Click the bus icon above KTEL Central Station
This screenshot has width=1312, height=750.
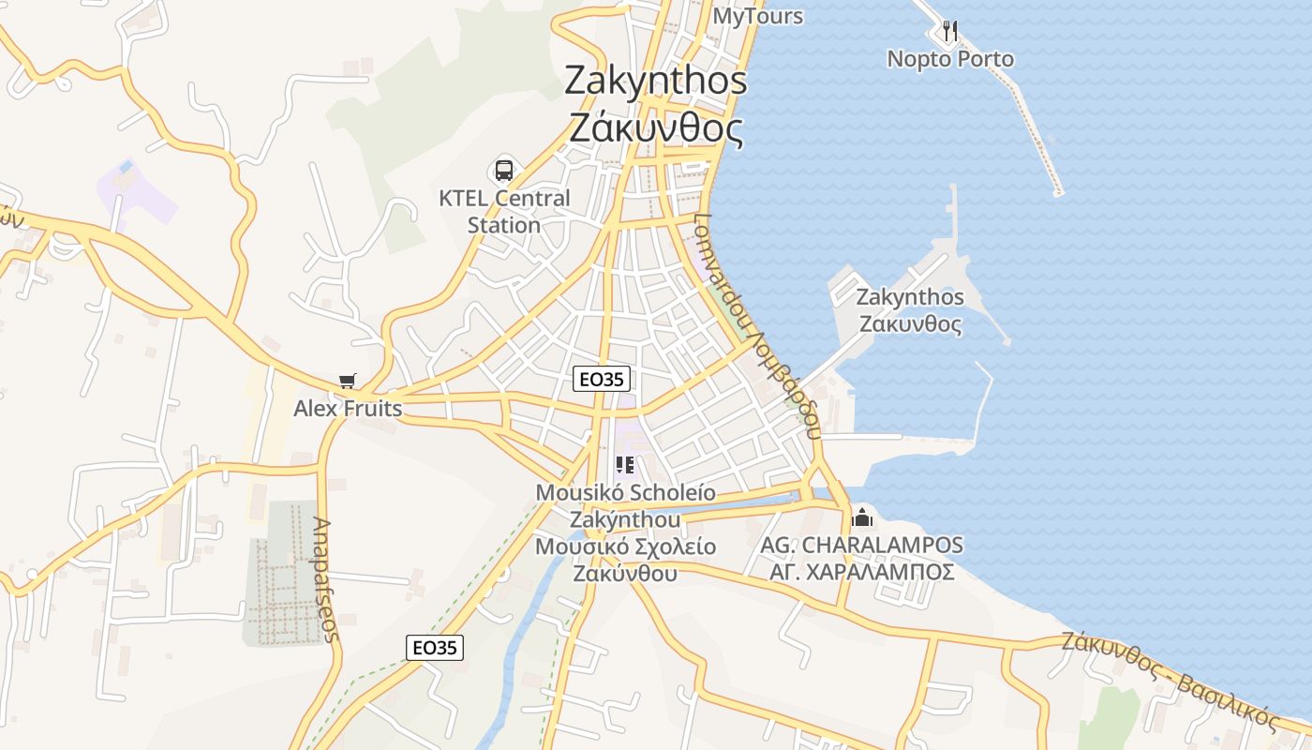point(504,171)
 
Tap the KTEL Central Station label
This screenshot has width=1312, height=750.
point(504,212)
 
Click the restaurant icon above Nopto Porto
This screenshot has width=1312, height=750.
point(950,31)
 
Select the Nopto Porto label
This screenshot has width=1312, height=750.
point(950,59)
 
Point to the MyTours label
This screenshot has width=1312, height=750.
point(758,16)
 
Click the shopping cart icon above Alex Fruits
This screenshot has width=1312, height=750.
point(348,381)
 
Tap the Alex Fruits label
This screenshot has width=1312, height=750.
point(348,409)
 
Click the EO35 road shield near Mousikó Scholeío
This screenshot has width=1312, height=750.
point(602,379)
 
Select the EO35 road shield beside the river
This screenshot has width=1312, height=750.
point(436,647)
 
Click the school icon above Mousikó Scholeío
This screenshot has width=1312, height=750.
point(625,465)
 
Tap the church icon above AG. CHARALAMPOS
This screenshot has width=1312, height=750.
point(861,517)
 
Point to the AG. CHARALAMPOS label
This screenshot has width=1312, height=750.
point(861,545)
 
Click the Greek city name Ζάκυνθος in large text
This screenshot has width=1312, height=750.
point(657,127)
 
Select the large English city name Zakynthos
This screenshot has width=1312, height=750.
point(656,81)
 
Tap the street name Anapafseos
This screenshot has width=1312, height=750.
point(325,579)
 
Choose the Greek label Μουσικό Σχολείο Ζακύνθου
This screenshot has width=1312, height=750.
point(625,559)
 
